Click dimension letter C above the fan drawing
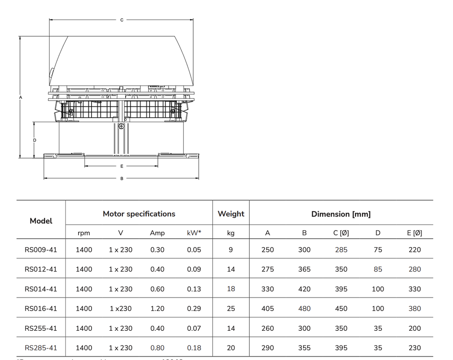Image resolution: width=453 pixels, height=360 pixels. click(x=122, y=20)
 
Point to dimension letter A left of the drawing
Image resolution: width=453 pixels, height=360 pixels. click(x=20, y=97)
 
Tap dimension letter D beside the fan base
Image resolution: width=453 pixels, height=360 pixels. click(x=35, y=140)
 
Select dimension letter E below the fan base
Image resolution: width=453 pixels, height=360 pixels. click(x=122, y=166)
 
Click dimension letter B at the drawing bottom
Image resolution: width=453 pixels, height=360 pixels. click(x=122, y=178)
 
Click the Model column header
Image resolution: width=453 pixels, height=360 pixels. click(x=41, y=221)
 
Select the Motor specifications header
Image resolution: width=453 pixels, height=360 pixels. click(x=139, y=214)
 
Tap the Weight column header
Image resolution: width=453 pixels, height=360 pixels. click(x=231, y=214)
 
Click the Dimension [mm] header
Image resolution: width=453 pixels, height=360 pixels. click(x=341, y=214)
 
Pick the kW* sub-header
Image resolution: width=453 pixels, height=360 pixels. click(x=194, y=233)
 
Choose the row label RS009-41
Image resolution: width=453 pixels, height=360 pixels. click(x=41, y=250)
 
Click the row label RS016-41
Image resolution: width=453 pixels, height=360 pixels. click(x=41, y=309)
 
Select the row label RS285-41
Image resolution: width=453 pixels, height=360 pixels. click(x=41, y=348)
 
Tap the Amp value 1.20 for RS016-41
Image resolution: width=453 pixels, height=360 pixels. click(x=157, y=309)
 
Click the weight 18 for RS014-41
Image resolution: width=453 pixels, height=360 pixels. click(x=231, y=289)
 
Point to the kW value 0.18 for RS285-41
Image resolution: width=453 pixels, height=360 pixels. click(x=194, y=348)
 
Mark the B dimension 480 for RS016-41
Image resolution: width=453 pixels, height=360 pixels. click(x=304, y=309)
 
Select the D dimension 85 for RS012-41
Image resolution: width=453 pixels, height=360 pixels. click(x=378, y=269)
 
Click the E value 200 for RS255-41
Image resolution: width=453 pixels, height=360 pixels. click(x=415, y=328)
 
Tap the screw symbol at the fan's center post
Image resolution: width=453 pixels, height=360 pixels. click(x=121, y=126)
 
